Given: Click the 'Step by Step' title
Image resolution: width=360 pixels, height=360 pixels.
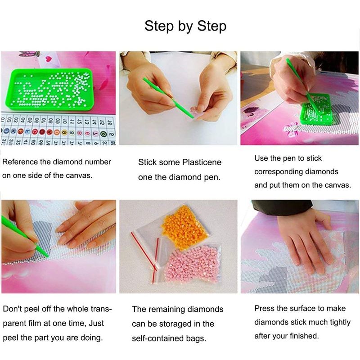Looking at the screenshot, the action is click(x=185, y=26).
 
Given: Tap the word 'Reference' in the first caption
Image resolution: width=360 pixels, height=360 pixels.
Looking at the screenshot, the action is click(x=20, y=162).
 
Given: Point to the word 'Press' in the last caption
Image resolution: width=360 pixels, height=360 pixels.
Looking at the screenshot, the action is click(x=264, y=308).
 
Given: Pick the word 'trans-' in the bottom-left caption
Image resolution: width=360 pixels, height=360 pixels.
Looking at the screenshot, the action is click(x=102, y=309).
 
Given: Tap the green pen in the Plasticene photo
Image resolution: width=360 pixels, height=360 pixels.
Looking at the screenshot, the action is click(x=168, y=98).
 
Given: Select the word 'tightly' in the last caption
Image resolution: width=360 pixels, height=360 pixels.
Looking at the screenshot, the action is click(x=340, y=322).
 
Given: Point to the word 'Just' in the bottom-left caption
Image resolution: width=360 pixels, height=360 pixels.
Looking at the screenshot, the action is click(x=96, y=323).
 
